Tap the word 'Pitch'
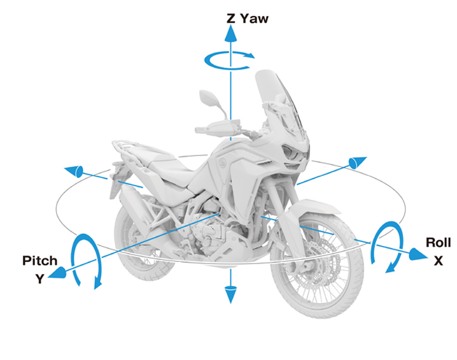pos(39,261)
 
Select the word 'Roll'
pos(438,243)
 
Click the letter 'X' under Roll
pos(439,261)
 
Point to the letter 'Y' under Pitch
pos(39,278)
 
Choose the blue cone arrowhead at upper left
pos(74,170)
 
